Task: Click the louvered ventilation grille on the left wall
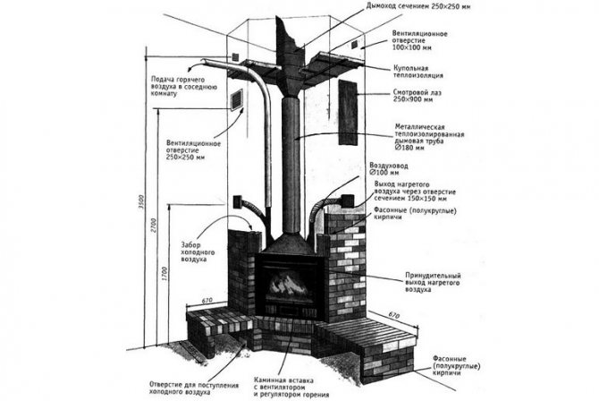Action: point(237,99)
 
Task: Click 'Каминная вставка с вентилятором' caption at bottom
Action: point(294,386)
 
